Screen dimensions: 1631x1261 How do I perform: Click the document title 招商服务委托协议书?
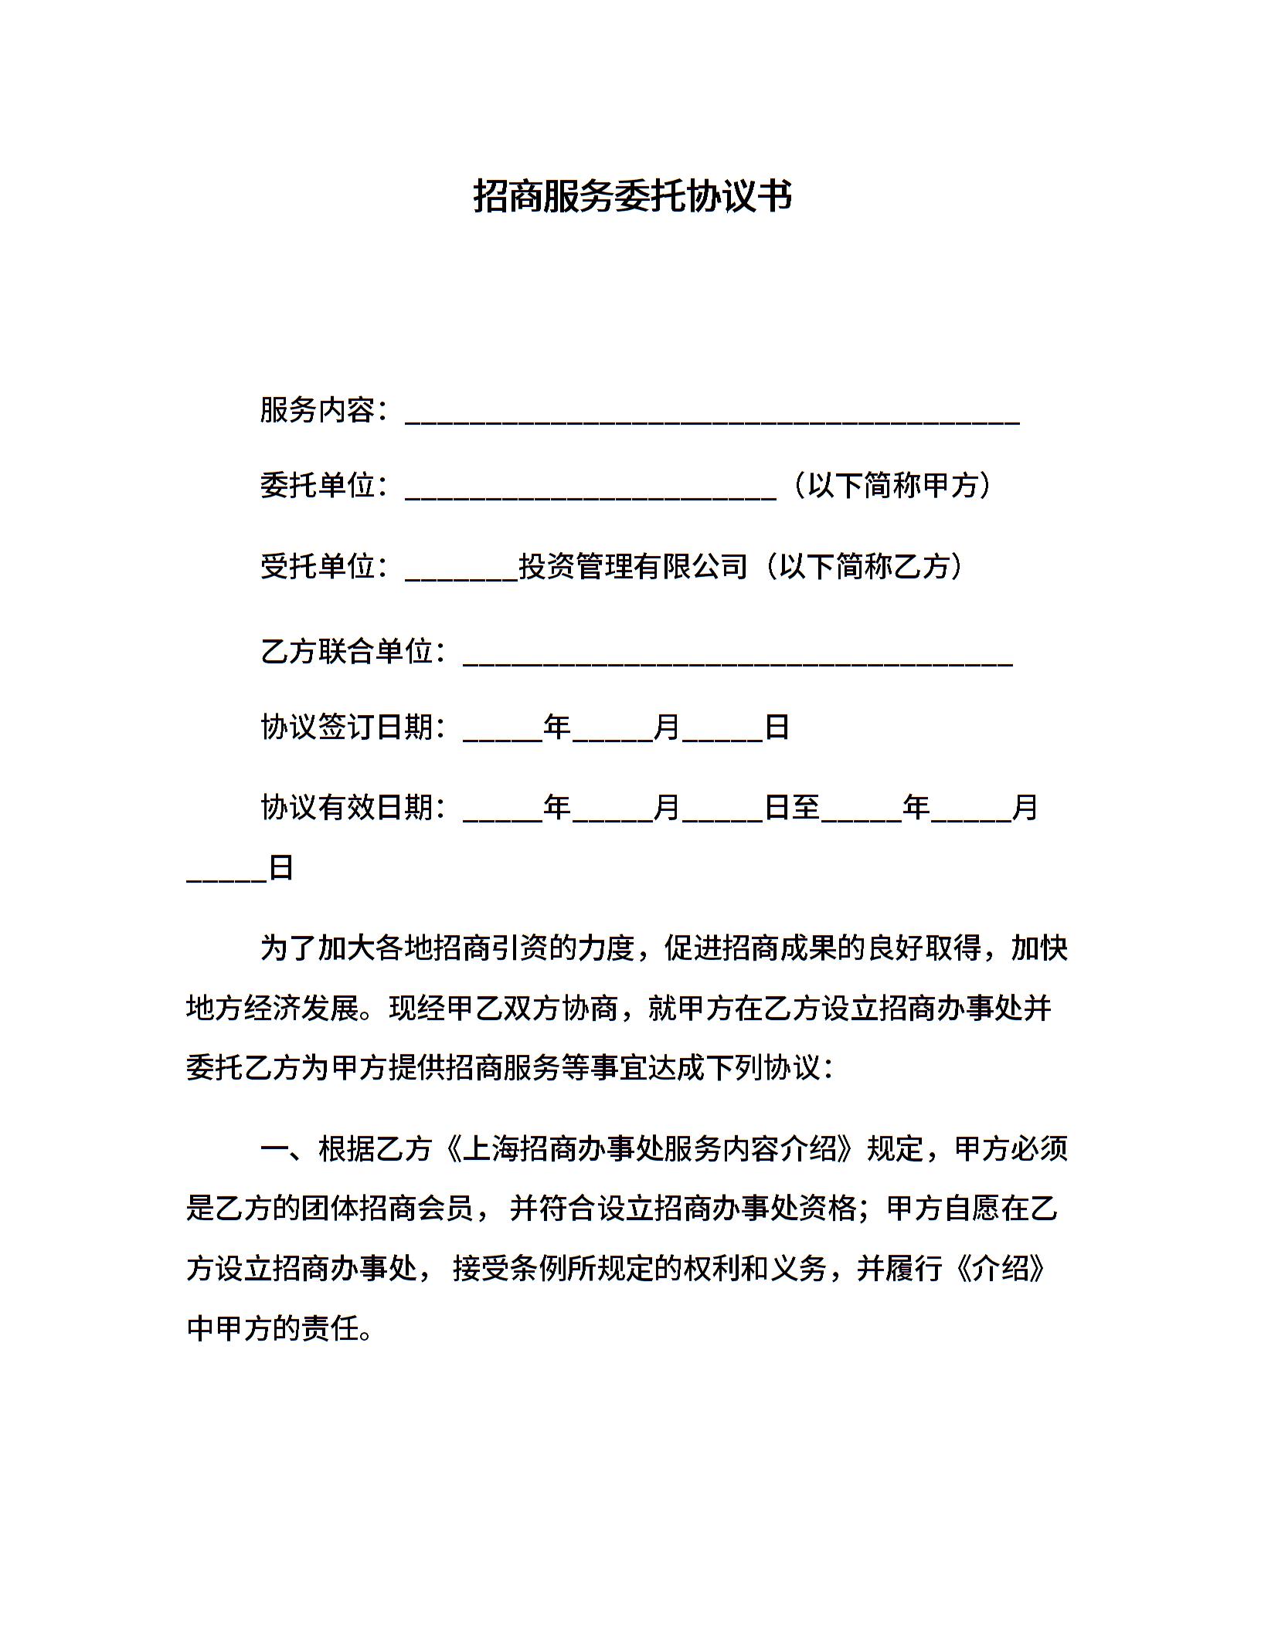[x=632, y=196]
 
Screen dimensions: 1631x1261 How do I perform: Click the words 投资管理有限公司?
[x=633, y=566]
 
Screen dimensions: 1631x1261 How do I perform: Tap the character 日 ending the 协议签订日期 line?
[x=776, y=727]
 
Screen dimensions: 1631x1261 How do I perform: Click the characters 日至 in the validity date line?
[x=791, y=807]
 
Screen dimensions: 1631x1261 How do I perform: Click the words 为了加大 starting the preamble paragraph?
[x=317, y=948]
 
